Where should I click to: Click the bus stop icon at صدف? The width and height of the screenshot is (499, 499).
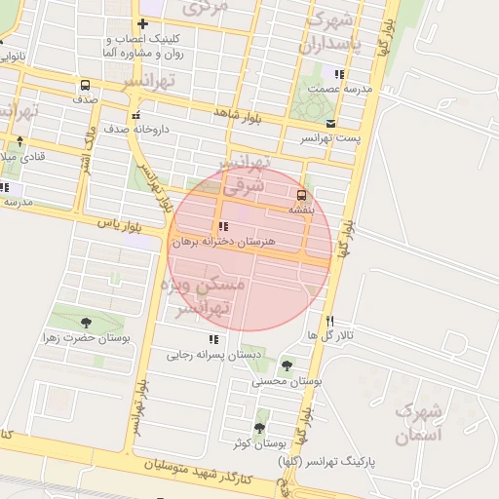tap(85, 85)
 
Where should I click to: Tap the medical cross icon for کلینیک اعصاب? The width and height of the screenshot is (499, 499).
tap(143, 23)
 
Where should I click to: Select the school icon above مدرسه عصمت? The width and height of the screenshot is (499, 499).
tap(339, 74)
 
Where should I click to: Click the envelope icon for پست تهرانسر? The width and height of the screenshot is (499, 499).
tap(331, 124)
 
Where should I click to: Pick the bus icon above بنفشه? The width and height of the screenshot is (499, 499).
tap(300, 194)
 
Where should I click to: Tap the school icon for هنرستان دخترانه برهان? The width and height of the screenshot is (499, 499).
tap(224, 226)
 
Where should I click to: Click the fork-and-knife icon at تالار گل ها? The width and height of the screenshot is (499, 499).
tap(330, 321)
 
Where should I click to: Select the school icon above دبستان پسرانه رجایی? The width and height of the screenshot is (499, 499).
tap(212, 339)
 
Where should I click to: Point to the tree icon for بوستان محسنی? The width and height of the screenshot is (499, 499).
tap(286, 365)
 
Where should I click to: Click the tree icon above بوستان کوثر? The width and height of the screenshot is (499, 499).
tap(260, 427)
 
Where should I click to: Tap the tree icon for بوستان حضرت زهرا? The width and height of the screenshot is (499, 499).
tap(86, 322)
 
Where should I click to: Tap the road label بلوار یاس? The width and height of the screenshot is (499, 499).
tap(119, 224)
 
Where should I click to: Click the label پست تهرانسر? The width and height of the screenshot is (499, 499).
tap(329, 138)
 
